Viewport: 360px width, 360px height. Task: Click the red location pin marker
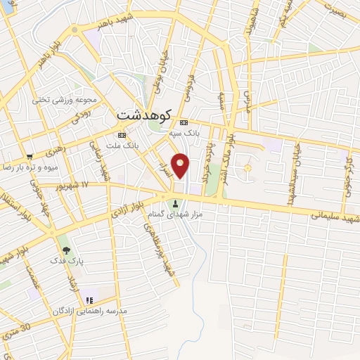tap(181, 165)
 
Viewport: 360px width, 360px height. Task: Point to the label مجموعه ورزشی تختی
tap(60, 101)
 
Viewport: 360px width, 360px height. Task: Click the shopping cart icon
tap(29, 157)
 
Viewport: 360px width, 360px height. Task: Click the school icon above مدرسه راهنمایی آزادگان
tap(89, 300)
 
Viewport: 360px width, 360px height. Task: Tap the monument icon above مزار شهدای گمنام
tap(175, 204)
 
